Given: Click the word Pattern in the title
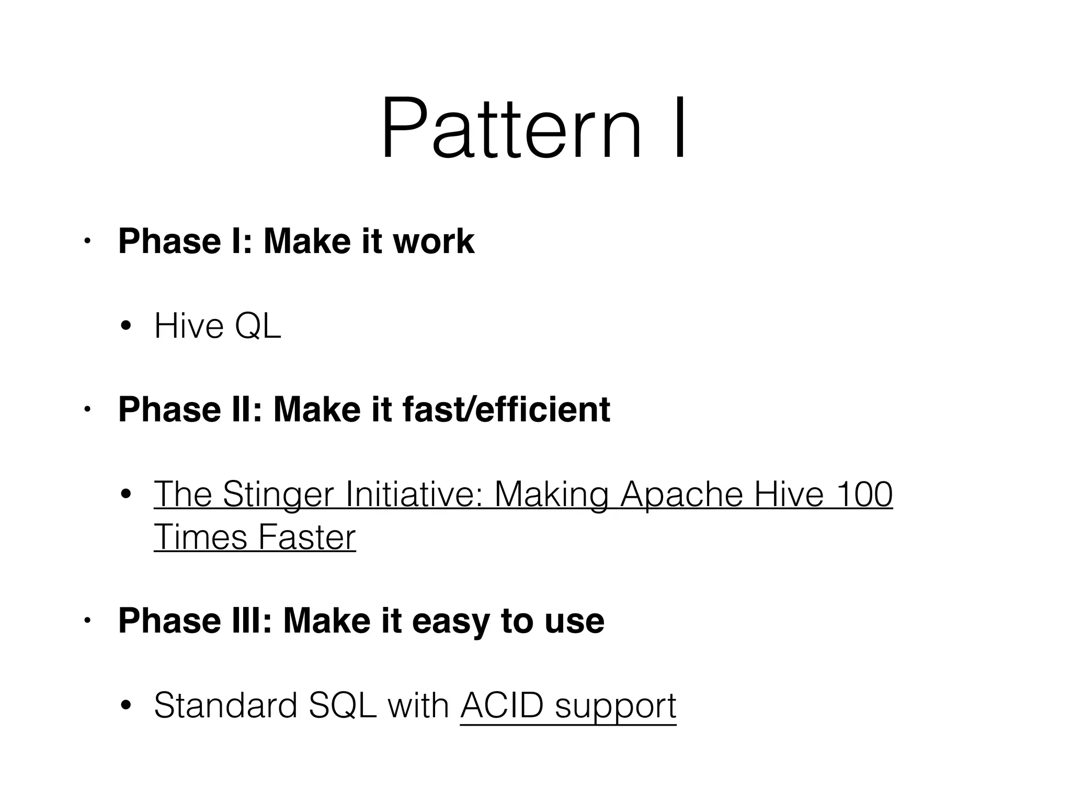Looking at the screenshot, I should (510, 128).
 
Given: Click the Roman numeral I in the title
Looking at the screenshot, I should (679, 128).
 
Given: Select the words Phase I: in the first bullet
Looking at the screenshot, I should (186, 242).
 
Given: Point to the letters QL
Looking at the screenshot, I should (258, 326).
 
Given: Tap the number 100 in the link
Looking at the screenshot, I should (863, 495).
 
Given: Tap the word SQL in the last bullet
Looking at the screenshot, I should (343, 706).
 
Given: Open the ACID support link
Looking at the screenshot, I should (568, 706).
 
